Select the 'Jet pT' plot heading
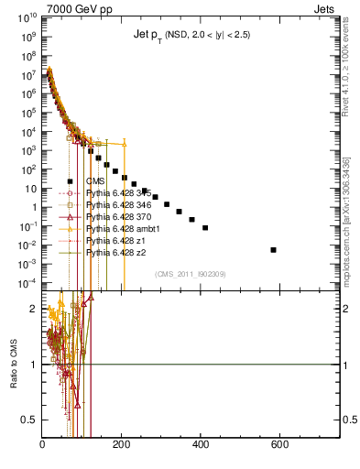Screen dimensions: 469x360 tap(187, 34)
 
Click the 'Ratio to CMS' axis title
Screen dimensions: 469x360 tap(13, 365)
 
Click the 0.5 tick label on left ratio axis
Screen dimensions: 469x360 tap(28, 420)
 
